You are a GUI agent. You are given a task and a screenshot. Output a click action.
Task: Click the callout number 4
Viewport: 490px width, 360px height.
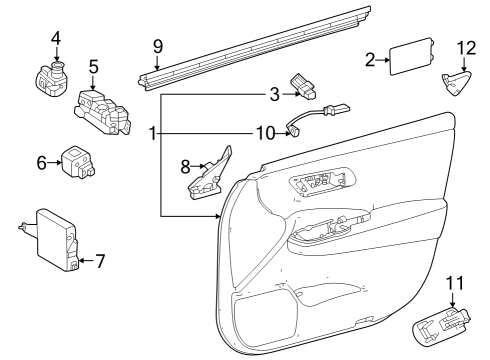point(56,38)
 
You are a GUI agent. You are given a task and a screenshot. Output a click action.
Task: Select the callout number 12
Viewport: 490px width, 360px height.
point(465,48)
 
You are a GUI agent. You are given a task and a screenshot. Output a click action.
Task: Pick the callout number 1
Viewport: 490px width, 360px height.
point(151,133)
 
